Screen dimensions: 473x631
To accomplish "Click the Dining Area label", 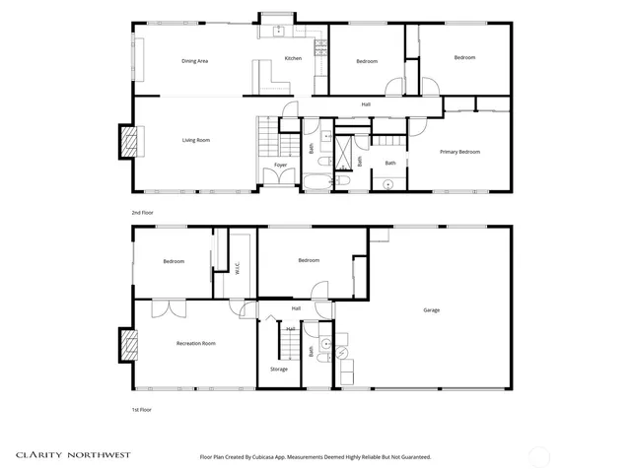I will point(194,61).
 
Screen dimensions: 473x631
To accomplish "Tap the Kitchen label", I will point(293,59).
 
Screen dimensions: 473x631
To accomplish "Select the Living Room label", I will point(195,140).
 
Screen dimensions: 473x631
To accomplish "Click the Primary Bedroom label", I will point(459,152).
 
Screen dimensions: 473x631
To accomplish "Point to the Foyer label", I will point(281,166).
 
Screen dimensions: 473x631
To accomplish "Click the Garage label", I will point(431,310).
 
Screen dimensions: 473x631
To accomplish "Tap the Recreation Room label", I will point(195,343).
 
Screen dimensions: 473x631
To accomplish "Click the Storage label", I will point(279,370).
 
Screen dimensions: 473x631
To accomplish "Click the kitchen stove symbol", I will point(319,46).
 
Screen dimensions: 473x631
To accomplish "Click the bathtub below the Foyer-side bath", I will point(318,182).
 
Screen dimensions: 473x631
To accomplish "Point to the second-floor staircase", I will point(267,132).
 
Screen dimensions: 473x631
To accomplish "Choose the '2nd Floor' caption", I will point(142,213).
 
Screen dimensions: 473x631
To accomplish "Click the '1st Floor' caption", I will point(142,409).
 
